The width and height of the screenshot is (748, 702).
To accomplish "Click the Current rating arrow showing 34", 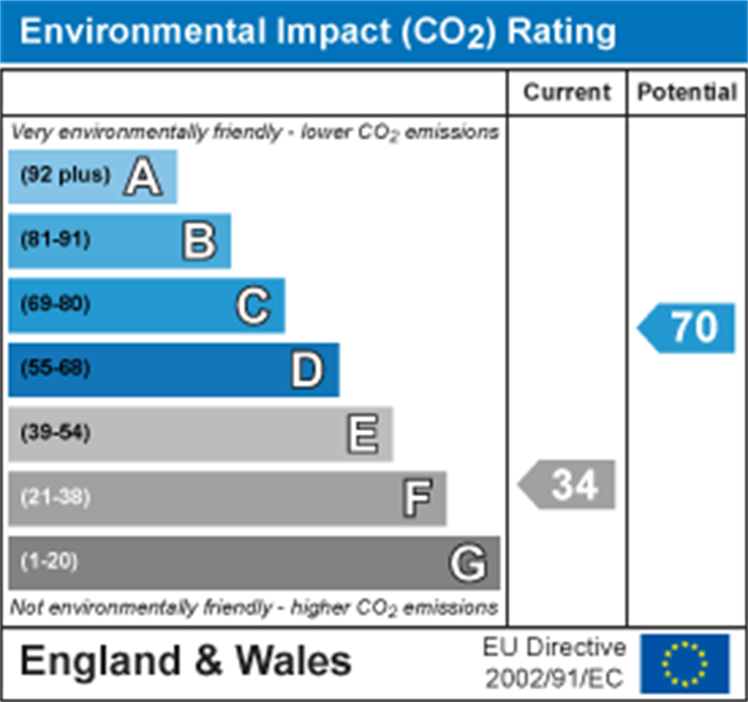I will click(568, 485).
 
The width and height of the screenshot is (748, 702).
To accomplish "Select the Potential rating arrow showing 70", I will click(688, 328).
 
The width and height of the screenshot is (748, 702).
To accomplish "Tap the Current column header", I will click(567, 93).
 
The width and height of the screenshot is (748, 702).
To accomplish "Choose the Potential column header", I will click(687, 93).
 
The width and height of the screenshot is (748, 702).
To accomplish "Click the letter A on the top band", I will click(143, 178).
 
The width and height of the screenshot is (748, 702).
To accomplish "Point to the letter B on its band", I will click(199, 242).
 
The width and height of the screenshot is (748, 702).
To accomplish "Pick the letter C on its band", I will click(253, 306).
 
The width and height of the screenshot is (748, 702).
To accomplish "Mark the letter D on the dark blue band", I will click(307, 371).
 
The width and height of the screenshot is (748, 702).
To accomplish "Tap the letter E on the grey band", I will click(362, 434).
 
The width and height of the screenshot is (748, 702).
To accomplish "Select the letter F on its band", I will click(417, 499).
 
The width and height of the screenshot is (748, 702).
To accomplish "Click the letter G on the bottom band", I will click(469, 564).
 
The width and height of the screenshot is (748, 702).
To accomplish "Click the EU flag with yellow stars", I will click(684, 663).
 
